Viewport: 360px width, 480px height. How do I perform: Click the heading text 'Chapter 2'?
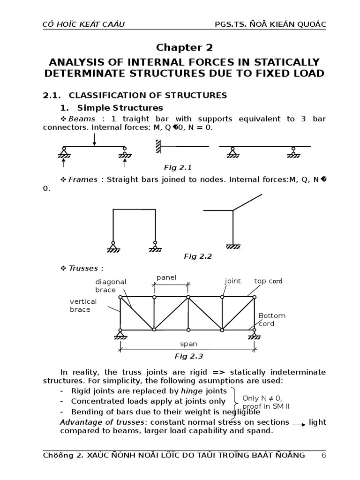[x=184, y=47]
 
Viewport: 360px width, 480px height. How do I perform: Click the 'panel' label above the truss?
[x=166, y=277]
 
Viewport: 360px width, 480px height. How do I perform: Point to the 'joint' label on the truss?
[x=232, y=281]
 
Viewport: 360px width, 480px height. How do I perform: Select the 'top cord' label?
[x=268, y=281]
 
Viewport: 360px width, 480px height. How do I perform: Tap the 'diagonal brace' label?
[x=111, y=286]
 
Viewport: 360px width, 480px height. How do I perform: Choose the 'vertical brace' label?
[x=83, y=305]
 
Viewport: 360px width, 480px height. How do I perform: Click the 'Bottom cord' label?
[x=271, y=320]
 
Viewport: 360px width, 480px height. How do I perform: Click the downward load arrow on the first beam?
[x=95, y=139]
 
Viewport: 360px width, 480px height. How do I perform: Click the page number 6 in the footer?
[x=323, y=455]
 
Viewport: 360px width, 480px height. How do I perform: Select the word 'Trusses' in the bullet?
[x=83, y=268]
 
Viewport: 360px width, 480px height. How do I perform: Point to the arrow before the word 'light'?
[x=298, y=423]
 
